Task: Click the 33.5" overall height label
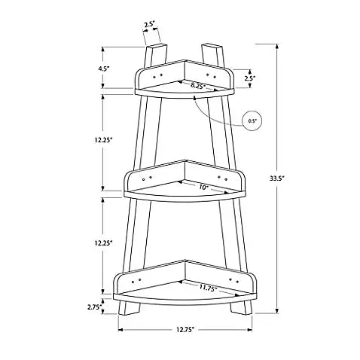(276, 178)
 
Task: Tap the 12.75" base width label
(185, 330)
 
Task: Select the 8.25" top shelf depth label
(198, 85)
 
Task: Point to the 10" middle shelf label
(204, 187)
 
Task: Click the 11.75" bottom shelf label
(209, 288)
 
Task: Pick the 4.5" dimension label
(103, 69)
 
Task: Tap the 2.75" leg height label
(95, 307)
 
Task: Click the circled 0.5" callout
(252, 121)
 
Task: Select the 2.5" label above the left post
(149, 25)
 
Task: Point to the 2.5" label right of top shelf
(250, 78)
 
